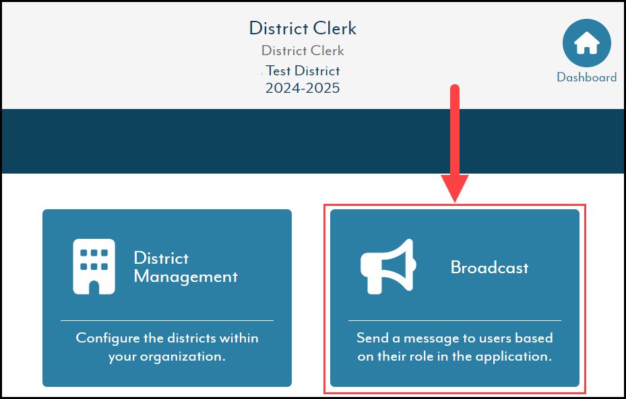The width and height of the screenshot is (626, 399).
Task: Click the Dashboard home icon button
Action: [586, 43]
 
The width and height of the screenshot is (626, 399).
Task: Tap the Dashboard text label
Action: [586, 77]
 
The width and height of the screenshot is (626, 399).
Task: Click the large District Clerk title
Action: [303, 28]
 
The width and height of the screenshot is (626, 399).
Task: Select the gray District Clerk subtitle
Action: [303, 50]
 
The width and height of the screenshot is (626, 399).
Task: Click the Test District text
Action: [303, 71]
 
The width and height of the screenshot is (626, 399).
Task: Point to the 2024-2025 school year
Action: [303, 88]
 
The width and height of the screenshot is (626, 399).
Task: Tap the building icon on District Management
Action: [94, 266]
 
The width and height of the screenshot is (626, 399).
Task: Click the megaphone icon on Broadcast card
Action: [388, 266]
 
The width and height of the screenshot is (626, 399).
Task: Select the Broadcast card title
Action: [489, 267]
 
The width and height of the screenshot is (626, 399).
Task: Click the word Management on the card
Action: [186, 277]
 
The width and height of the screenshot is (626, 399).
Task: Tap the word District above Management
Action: [161, 258]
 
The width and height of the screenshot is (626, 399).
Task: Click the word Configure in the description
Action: [108, 338]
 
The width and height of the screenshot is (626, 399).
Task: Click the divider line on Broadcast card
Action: [455, 320]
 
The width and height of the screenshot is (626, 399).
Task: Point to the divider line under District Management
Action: [167, 320]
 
